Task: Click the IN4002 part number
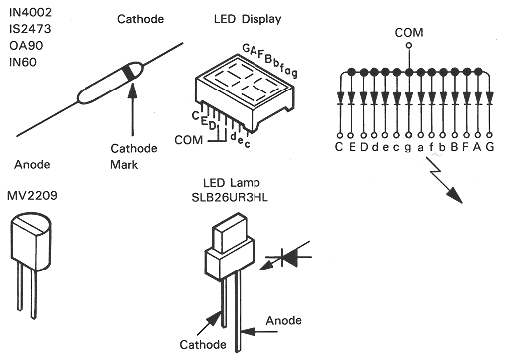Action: point(30,12)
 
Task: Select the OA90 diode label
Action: point(26,45)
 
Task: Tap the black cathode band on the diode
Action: point(129,72)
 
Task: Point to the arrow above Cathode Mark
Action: point(132,109)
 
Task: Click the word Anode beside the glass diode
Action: point(32,164)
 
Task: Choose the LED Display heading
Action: point(248,19)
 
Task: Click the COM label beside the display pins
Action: point(188,140)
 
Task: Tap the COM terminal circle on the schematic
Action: point(409,45)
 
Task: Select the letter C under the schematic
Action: point(339,146)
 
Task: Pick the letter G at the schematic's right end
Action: point(489,146)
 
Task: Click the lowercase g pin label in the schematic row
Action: point(408,148)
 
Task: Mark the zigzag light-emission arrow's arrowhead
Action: point(454,195)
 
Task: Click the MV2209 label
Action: point(32,196)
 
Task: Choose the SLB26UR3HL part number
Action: point(230,198)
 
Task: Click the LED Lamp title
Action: point(232,183)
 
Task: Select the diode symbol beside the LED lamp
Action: point(288,257)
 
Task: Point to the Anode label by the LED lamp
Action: point(284,320)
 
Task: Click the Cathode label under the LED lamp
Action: point(203,345)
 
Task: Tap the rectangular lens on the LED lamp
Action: point(230,232)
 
